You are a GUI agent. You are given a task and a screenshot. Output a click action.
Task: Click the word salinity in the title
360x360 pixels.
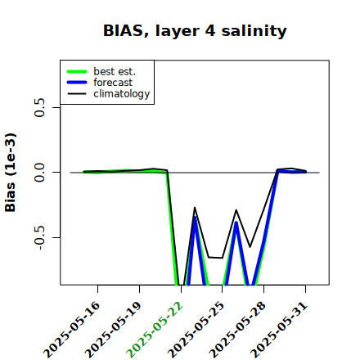pos(254,30)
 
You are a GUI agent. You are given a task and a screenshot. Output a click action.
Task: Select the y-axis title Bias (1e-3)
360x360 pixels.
pos(11,173)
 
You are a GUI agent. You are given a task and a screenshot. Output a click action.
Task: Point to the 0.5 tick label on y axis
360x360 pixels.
pos(40,107)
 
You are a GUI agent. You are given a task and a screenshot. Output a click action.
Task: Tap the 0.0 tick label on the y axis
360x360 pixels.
pos(40,173)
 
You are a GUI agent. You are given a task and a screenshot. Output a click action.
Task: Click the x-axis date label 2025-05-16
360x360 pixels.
pos(72,330)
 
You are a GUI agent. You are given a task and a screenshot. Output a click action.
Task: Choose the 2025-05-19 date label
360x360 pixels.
pos(114,330)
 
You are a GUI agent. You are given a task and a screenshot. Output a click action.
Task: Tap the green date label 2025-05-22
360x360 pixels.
pos(155,330)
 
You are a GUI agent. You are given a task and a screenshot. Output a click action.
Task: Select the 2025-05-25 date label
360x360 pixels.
pos(196,330)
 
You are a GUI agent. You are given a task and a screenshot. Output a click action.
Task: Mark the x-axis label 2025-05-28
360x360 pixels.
pos(238,330)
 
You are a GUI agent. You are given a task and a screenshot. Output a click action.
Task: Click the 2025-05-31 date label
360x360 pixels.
pos(279,330)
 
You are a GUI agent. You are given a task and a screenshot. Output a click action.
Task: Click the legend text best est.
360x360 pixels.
pos(115,71)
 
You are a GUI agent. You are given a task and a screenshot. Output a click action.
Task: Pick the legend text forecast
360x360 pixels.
pos(113,83)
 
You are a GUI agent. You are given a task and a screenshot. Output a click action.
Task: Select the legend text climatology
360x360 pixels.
pos(122,94)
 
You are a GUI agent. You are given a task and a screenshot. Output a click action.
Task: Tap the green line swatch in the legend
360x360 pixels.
pos(77,71)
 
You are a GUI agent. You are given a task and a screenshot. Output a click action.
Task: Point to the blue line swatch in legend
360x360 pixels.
pos(77,83)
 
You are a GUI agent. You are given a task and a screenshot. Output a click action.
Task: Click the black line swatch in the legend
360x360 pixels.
pos(77,93)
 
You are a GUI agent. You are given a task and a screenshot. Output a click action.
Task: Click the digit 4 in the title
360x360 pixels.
pos(210,31)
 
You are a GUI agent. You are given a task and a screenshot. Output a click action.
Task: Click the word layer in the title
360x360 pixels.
pos(178,31)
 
